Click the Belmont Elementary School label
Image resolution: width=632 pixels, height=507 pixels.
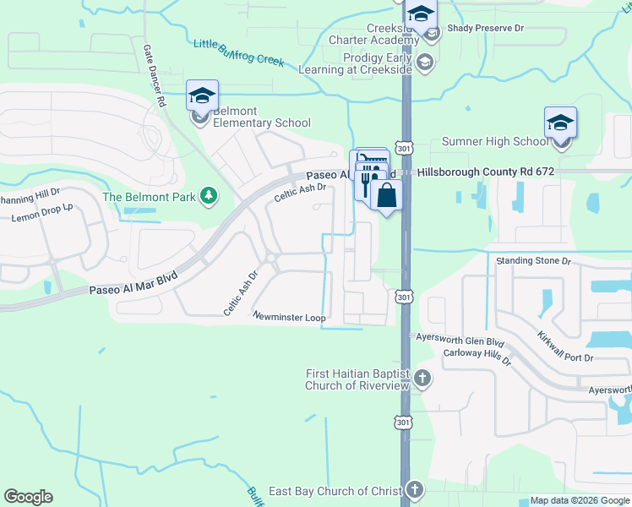[261, 117]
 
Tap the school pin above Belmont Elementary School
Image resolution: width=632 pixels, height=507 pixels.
[203, 95]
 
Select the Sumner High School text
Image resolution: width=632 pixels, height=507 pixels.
[495, 142]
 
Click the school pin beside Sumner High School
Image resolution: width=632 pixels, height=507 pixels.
[560, 123]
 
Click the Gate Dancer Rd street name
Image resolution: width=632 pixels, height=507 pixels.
[152, 75]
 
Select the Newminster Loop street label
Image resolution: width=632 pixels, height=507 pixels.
[289, 317]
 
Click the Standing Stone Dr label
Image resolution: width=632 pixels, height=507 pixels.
[534, 261]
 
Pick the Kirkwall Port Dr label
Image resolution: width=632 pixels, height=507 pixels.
[564, 346]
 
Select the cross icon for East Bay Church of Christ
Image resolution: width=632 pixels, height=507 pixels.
[414, 490]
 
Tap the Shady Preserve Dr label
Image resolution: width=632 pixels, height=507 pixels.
[486, 28]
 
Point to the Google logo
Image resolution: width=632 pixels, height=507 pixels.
[28, 497]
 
